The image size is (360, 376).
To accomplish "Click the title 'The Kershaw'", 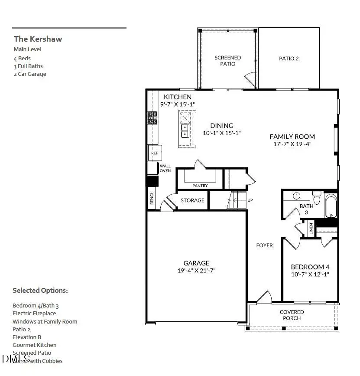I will [38, 39].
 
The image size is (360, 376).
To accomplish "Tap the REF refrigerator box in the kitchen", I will [154, 153].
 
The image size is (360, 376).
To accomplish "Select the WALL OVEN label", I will [165, 168].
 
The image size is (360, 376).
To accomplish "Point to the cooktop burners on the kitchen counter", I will [152, 118].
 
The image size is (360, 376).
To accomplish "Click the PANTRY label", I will [200, 186].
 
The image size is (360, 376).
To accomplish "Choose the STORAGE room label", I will [192, 200].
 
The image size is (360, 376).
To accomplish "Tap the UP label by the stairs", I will [250, 200].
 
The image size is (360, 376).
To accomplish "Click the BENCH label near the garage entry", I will [152, 198].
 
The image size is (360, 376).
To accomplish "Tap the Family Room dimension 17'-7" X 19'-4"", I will [292, 144].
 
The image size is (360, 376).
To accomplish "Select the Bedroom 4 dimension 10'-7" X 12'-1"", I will [310, 274].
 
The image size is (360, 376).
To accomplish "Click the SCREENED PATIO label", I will [228, 61].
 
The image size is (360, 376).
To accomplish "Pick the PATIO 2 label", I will [289, 59].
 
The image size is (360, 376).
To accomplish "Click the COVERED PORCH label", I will [292, 315].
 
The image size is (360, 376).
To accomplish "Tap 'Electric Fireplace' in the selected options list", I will [34, 314].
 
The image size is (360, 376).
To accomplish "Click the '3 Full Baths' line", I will [28, 66].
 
